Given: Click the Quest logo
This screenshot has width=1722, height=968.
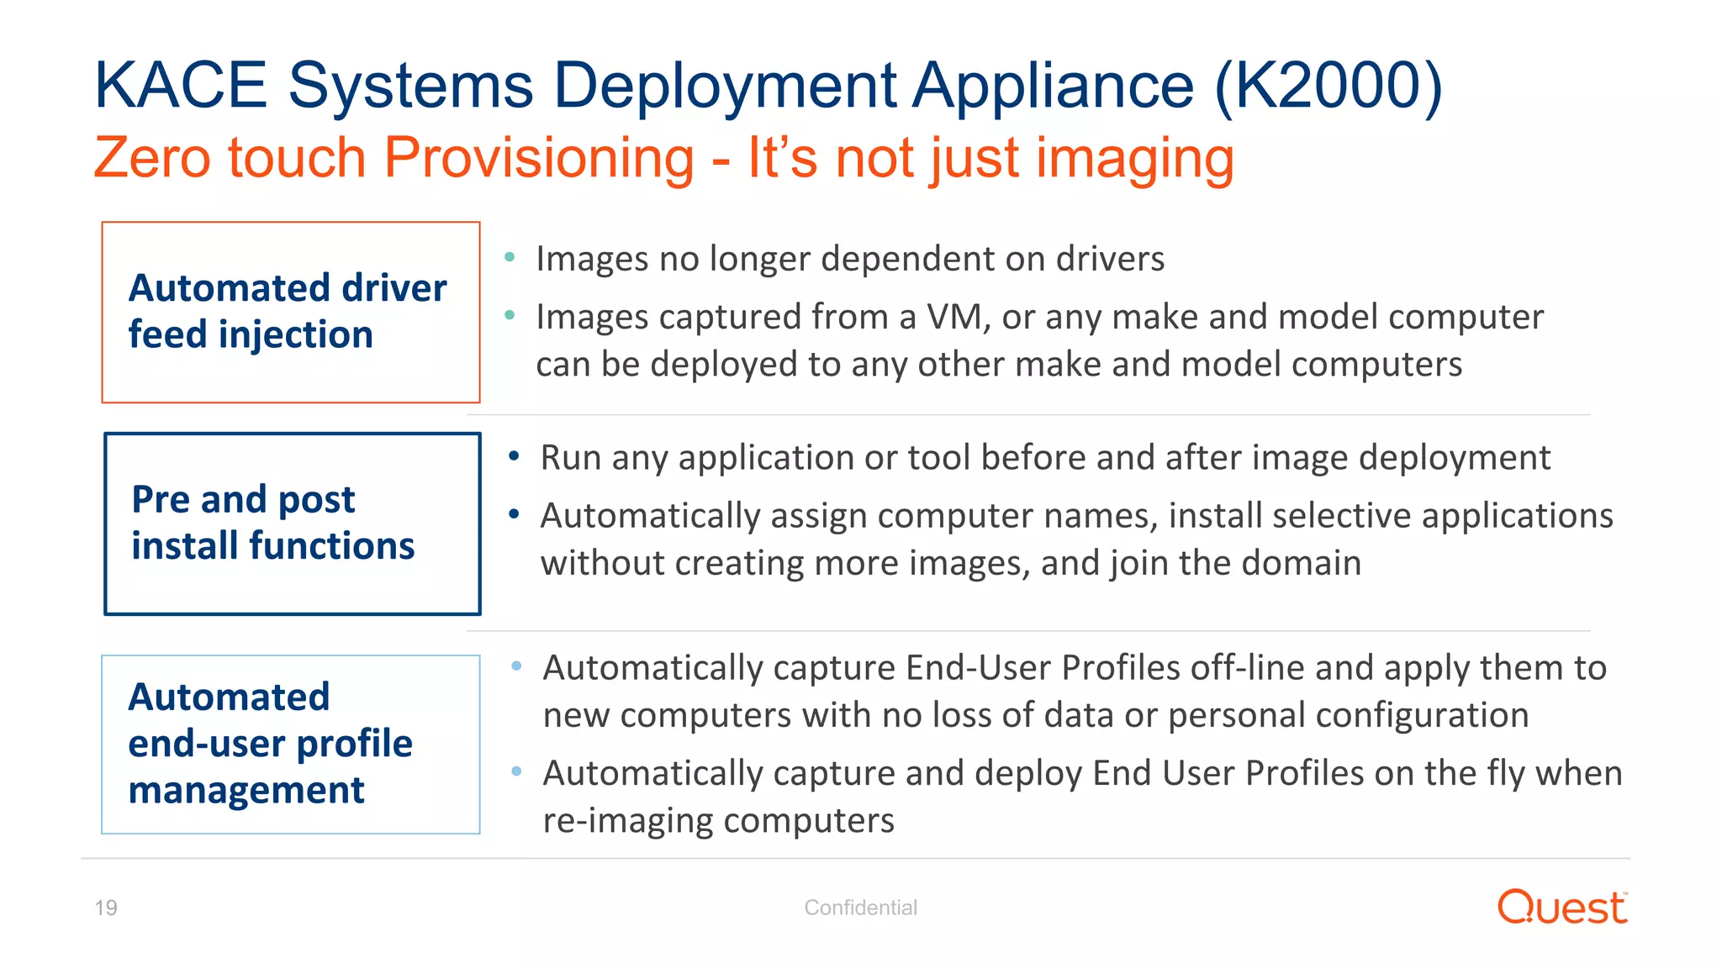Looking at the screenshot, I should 1561,907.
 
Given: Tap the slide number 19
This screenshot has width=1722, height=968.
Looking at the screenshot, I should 106,907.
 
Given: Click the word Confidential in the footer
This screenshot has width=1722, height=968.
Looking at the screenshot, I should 860,907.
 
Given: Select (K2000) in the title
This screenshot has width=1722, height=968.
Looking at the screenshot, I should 1328,86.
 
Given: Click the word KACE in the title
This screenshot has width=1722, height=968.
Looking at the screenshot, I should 181,86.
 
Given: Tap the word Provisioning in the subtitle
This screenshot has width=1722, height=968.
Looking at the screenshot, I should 539,158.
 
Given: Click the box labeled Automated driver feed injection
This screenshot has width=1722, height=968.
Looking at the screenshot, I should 291,312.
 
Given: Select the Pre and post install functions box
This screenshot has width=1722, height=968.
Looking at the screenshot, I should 292,523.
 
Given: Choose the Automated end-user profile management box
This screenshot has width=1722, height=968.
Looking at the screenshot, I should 291,744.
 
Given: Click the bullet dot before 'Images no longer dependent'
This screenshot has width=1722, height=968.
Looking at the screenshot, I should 510,257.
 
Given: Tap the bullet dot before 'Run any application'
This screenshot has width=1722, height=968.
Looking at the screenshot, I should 514,456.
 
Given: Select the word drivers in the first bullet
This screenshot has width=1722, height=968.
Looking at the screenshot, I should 1110,258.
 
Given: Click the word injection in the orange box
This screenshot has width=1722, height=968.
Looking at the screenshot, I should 295,334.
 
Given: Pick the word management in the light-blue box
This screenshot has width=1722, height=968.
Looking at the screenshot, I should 246,790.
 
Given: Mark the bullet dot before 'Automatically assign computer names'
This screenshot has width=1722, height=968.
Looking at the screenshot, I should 514,514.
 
